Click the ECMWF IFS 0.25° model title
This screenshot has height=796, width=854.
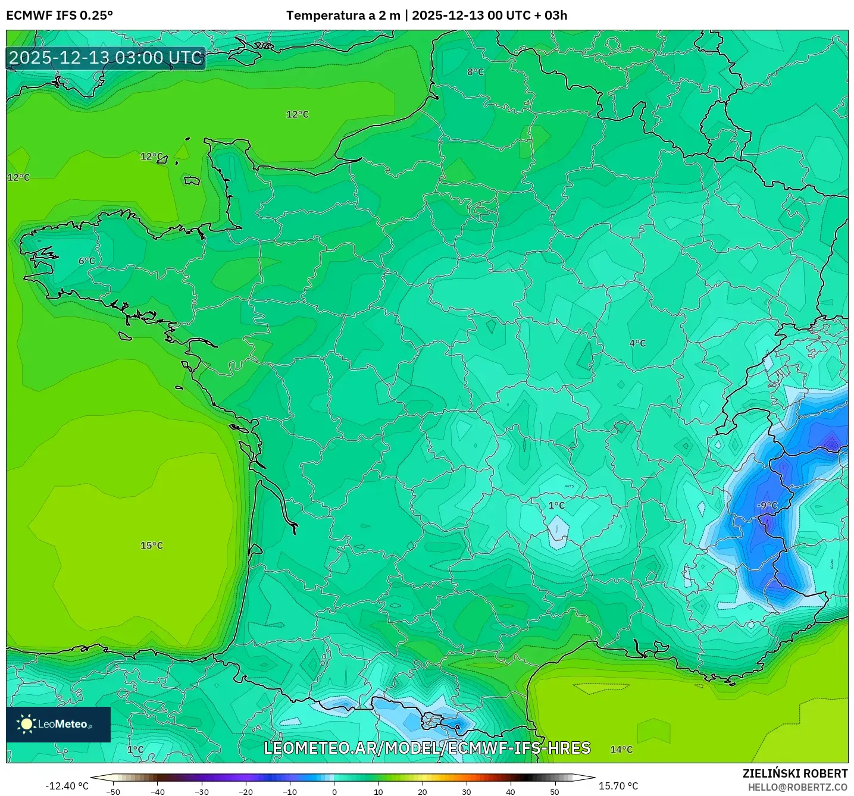60,15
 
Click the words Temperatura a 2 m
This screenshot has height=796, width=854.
343,15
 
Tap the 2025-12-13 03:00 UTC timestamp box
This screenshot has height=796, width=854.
106,58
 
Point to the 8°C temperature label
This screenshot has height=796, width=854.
476,72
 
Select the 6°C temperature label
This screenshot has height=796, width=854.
87,261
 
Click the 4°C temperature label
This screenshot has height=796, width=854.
637,343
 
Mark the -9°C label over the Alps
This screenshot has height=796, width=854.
767,506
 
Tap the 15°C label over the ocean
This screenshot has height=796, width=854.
151,546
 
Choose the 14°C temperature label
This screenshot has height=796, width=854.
621,750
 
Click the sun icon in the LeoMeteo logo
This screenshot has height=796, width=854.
26,724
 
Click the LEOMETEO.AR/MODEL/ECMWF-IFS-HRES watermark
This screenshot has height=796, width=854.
427,748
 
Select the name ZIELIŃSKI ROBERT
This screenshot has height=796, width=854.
794,773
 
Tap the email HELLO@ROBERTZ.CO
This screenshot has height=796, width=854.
797,787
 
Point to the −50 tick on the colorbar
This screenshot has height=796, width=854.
113,791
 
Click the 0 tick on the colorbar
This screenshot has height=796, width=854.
334,791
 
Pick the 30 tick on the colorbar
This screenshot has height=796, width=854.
466,791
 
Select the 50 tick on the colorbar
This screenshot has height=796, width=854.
554,791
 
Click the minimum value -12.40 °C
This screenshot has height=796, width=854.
67,786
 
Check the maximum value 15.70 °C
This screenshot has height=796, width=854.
618,786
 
